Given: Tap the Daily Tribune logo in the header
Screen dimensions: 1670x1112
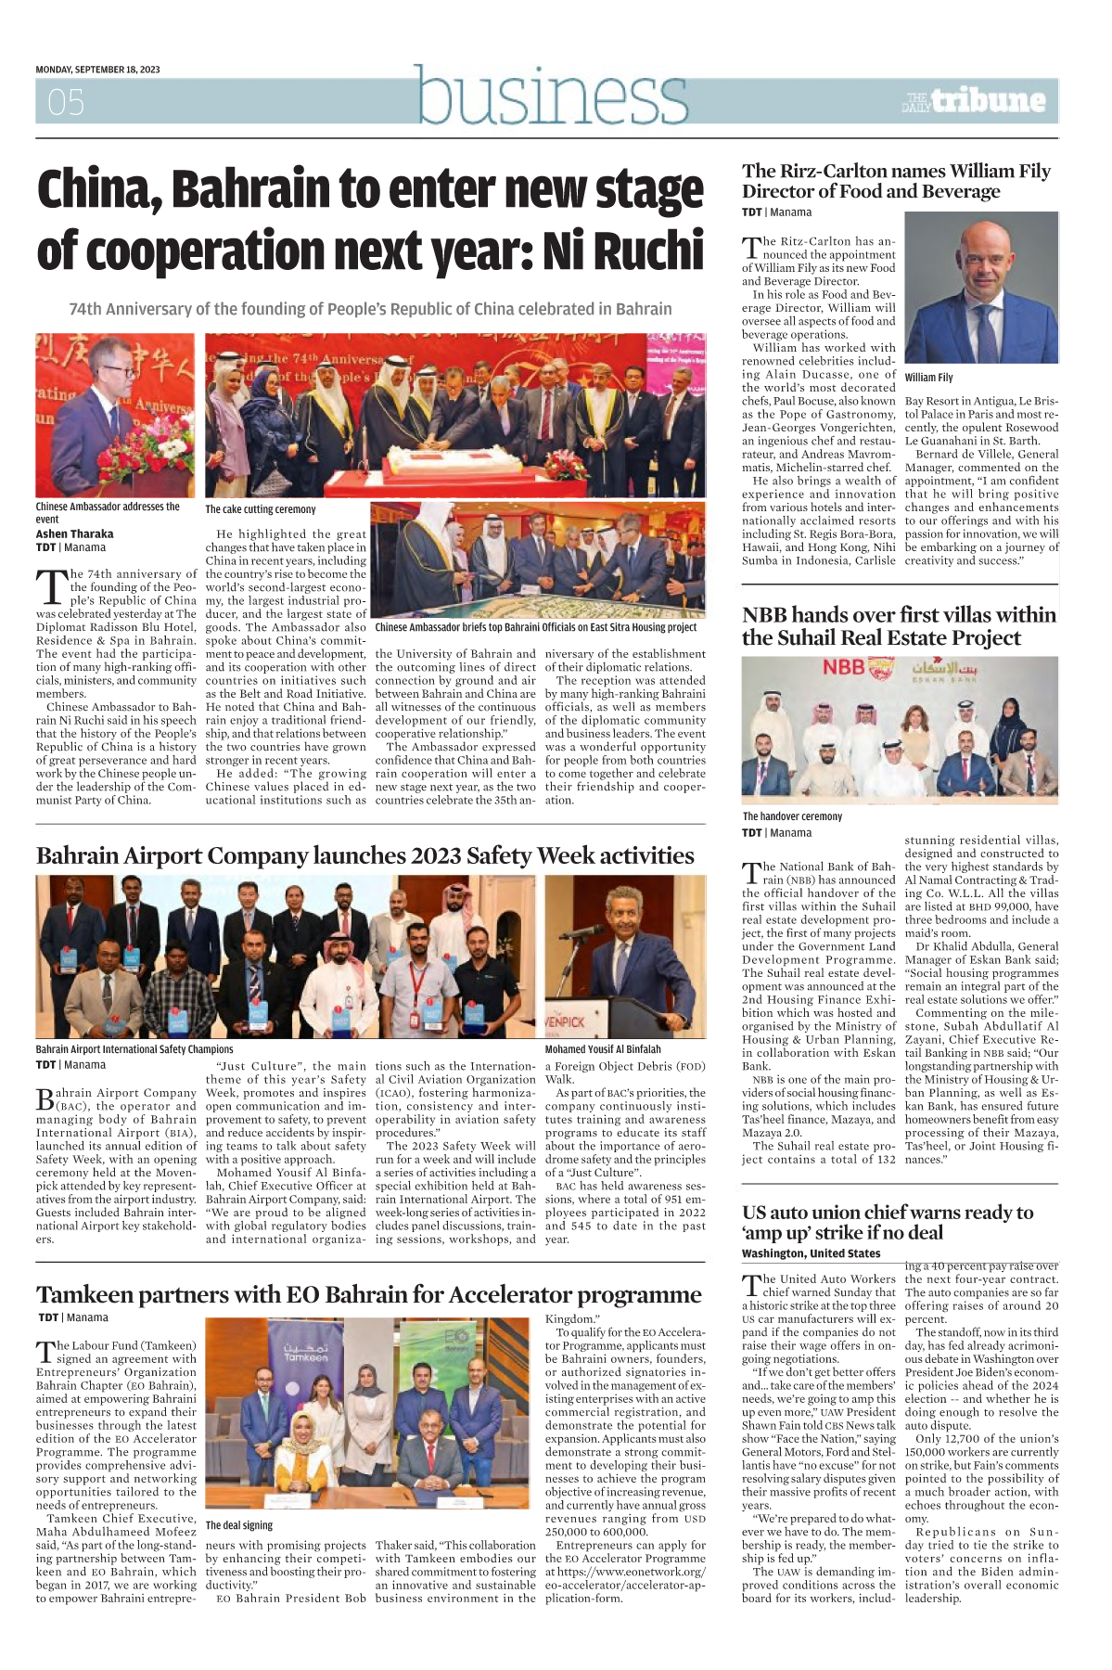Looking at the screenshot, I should (974, 100).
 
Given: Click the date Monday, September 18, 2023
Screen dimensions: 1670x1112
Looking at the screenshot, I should (97, 70).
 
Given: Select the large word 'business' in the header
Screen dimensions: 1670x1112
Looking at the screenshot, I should (552, 96).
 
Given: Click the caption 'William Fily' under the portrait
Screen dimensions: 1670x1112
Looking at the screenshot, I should (928, 378).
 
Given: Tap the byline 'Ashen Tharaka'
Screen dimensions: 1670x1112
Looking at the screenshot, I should (74, 534).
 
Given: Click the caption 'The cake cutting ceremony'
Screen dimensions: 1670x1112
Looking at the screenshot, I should (260, 509).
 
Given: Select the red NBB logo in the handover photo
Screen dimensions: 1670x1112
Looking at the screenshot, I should (844, 667).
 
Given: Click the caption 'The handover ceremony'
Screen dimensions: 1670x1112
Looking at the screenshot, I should (792, 816).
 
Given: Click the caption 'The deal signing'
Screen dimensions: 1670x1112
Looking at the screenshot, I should (239, 1525).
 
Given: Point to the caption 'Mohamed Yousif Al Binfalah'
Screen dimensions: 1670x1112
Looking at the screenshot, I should (603, 1049).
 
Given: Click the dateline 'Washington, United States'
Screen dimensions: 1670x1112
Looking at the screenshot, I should (798, 1253).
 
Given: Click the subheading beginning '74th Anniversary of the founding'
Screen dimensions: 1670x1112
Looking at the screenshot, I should (370, 309).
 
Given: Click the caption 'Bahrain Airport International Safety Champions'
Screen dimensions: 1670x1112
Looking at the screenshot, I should (134, 1049).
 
